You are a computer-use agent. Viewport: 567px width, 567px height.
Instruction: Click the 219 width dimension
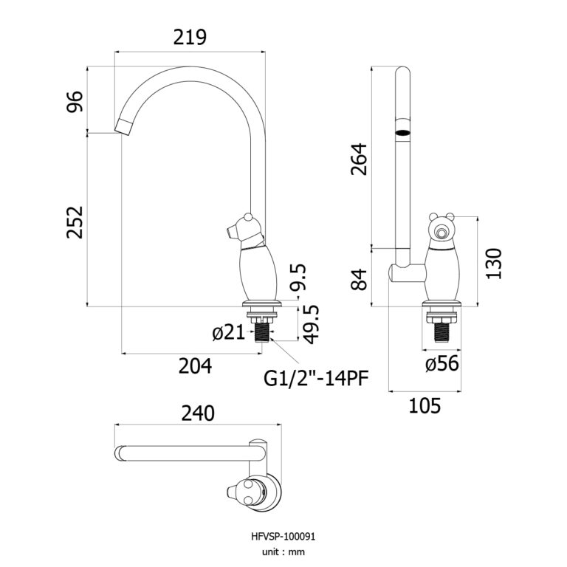point(189,36)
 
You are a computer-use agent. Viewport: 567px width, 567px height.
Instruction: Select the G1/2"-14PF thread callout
point(316,379)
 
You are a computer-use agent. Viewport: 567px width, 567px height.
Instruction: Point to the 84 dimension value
point(360,278)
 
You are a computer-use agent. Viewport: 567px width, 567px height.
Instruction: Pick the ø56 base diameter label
point(441,362)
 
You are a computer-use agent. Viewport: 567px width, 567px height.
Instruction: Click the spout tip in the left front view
point(123,126)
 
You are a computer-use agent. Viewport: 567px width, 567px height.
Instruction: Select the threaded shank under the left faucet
point(261,329)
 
